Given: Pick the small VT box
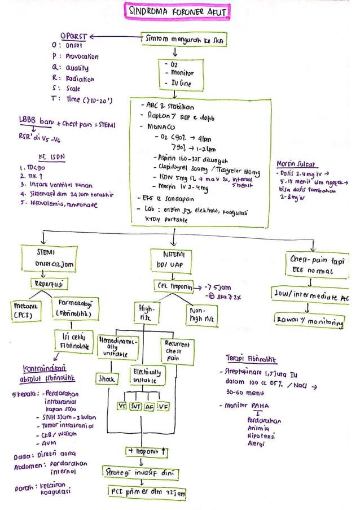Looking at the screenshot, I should click(121, 406).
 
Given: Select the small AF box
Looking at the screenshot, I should click(150, 406).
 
